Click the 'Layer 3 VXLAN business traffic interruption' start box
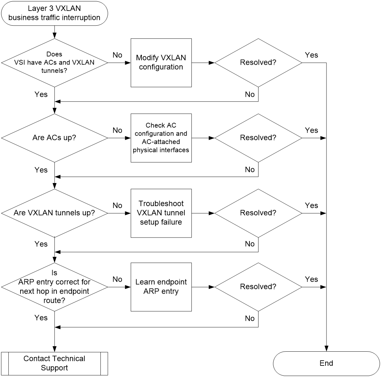[55, 13]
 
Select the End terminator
[326, 364]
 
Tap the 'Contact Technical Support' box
[55, 364]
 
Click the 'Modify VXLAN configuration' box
[161, 63]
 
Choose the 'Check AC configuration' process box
[161, 138]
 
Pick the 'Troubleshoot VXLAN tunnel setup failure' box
[161, 213]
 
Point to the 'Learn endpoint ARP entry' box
[161, 287]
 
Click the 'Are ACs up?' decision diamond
[55, 138]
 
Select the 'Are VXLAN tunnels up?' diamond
[55, 213]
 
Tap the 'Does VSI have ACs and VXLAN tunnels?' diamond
[55, 63]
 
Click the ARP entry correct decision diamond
[55, 287]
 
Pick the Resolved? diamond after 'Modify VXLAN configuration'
[258, 63]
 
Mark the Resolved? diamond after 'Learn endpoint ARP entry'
[258, 287]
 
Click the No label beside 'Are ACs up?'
[117, 130]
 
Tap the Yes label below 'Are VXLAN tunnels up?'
[41, 244]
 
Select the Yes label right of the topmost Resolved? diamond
[311, 55]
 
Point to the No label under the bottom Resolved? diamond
[250, 318]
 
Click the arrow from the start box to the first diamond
[55, 32]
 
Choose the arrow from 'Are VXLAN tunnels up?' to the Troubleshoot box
[119, 213]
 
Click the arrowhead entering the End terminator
[326, 348]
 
